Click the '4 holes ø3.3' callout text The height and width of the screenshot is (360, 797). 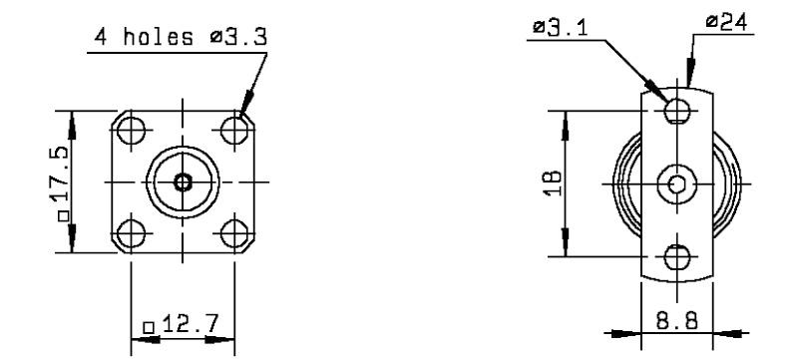181,37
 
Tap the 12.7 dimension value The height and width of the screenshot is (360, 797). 191,324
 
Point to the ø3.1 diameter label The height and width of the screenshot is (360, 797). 560,28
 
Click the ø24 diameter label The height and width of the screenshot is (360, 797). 727,22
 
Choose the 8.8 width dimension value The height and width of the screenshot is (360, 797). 676,321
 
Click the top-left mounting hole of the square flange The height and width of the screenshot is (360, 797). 131,131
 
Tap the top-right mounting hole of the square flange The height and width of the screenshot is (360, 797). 234,131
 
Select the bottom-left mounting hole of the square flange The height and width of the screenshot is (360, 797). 131,234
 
